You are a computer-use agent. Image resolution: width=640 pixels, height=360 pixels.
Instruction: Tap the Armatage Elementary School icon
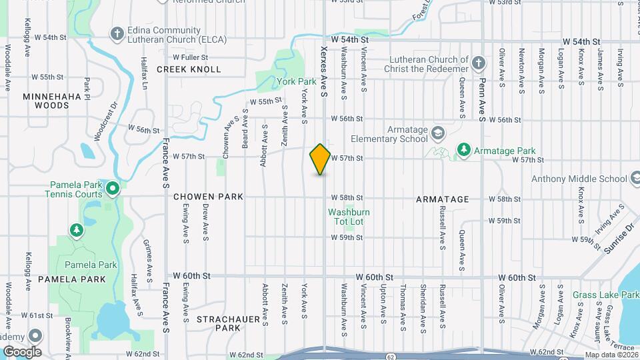tap(437, 132)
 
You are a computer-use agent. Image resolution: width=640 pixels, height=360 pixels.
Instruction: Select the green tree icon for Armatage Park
tap(463, 151)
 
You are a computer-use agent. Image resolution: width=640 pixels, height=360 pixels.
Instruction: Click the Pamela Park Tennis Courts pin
tap(113, 189)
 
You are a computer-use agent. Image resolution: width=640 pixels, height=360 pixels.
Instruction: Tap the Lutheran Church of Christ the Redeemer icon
tap(478, 64)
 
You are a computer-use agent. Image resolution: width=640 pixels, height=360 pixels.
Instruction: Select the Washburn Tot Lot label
tap(349, 217)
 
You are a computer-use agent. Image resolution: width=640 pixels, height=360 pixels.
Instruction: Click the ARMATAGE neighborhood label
tap(442, 199)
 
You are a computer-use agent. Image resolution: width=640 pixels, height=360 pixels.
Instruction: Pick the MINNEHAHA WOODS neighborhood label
tap(52, 101)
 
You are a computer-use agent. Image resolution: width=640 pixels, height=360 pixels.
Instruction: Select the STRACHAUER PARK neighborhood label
tap(228, 323)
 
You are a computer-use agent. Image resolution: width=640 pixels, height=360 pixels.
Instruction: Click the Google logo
tap(22, 351)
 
